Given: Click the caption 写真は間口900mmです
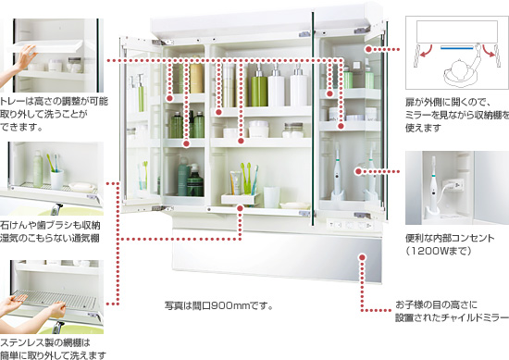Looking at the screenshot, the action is (x=218, y=305).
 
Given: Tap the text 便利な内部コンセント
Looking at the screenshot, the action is (x=450, y=238).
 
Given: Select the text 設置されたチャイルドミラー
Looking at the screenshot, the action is (x=452, y=317).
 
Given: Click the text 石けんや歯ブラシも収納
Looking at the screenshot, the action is (x=50, y=225).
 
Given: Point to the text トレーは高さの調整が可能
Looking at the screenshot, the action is (x=54, y=101).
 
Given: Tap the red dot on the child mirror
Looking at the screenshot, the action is (x=363, y=257).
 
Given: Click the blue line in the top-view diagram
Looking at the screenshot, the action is (x=457, y=48).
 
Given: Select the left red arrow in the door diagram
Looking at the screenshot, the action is (x=426, y=51).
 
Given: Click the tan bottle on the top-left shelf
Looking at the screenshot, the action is (x=196, y=78).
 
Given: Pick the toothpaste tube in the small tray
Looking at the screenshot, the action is (x=235, y=183).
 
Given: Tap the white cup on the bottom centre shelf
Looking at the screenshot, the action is (x=271, y=197).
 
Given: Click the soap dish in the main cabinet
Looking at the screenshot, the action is (x=294, y=205).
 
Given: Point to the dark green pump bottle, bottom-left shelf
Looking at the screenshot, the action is (x=195, y=180).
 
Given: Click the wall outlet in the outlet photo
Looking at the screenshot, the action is (x=455, y=186).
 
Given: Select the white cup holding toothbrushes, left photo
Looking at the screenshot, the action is (x=57, y=180).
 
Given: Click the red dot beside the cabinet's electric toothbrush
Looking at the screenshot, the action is (x=358, y=171).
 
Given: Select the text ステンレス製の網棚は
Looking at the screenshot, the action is (x=45, y=342).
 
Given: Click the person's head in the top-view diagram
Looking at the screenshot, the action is (x=459, y=66).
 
